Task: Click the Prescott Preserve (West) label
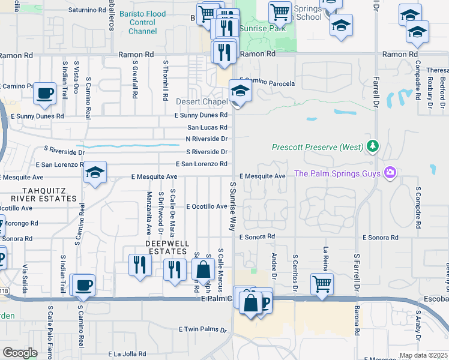[317, 147]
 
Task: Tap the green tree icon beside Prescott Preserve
[373, 146]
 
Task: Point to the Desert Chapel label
[201, 102]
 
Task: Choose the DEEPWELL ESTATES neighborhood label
[167, 247]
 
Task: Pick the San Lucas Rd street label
[207, 128]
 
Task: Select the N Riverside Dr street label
[206, 139]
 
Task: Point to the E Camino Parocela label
[267, 83]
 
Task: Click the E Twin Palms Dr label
[202, 329]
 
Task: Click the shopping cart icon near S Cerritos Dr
[322, 283]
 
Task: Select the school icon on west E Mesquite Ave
[95, 173]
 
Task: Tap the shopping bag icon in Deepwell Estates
[203, 269]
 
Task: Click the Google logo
[20, 353]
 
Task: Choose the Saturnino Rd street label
[86, 10]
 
